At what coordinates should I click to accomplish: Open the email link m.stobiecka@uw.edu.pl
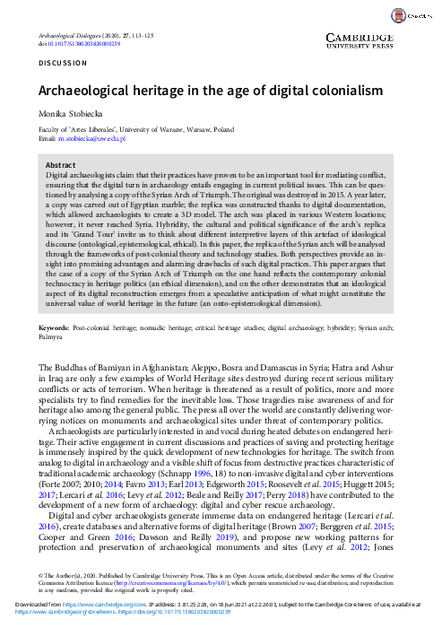91,140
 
